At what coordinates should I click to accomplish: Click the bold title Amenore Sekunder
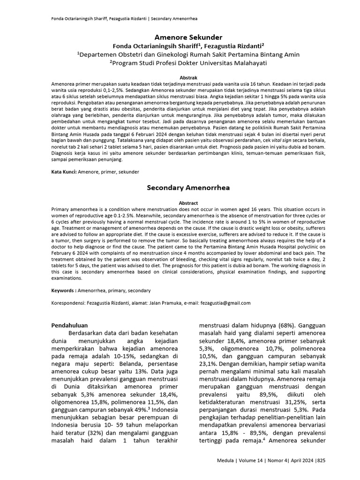[x=188, y=37]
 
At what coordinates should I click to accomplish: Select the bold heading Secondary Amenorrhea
[x=188, y=187]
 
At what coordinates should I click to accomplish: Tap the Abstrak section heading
[x=188, y=77]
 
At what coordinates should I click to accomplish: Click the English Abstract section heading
[x=188, y=202]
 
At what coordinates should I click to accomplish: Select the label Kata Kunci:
[x=64, y=172]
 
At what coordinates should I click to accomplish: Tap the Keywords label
[x=63, y=291]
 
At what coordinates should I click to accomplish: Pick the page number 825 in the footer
[x=321, y=460]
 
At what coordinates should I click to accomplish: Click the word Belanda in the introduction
[x=136, y=368]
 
